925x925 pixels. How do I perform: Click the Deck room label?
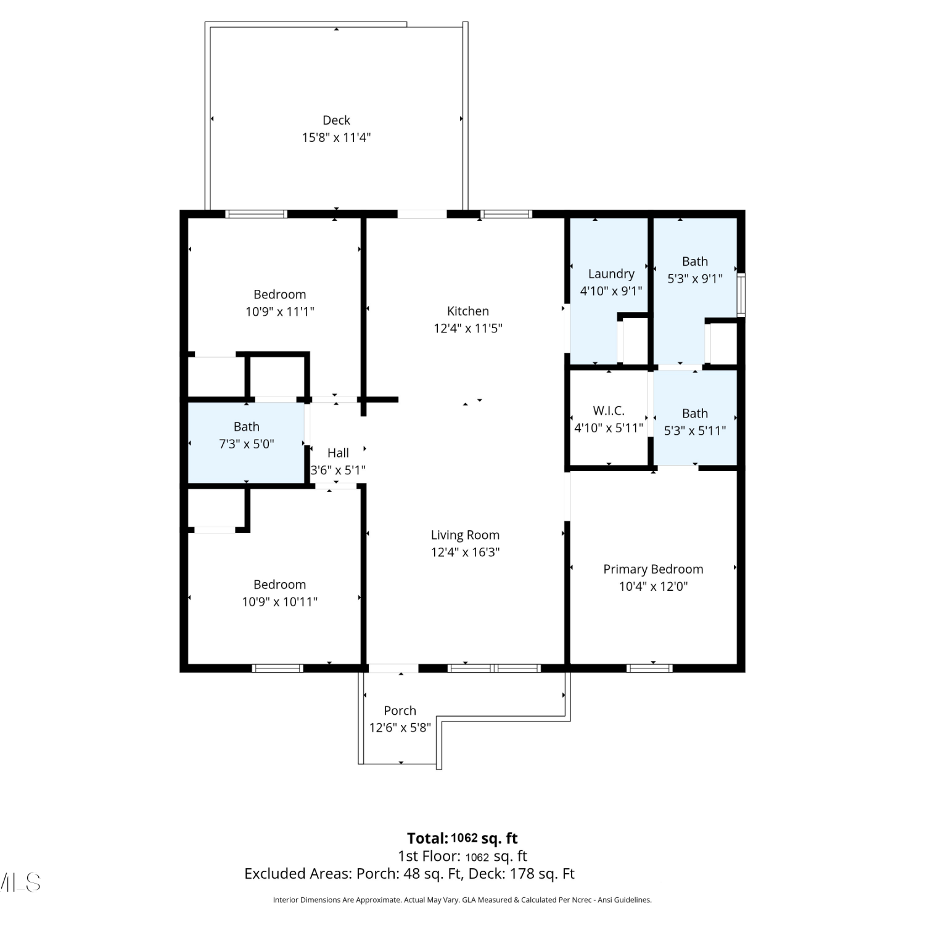[x=336, y=120]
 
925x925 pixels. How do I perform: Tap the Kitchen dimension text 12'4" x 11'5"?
[x=468, y=328]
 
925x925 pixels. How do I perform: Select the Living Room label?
[x=465, y=535]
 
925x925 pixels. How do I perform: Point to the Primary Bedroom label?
[x=653, y=569]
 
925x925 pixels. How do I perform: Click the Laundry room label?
[x=611, y=274]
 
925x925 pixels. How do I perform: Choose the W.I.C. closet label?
[x=609, y=411]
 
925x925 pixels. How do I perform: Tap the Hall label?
[x=338, y=453]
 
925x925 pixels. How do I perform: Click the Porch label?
[x=400, y=711]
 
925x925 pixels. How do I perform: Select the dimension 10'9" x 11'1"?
[x=280, y=311]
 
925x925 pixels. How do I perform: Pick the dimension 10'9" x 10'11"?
[x=279, y=601]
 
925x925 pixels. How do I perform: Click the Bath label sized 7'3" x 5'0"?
[x=246, y=427]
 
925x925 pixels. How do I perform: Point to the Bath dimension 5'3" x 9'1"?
[x=695, y=279]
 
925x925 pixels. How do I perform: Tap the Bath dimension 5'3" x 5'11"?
[x=695, y=430]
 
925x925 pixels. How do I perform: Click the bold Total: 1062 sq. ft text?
[x=462, y=838]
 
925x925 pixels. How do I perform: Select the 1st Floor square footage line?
[x=462, y=856]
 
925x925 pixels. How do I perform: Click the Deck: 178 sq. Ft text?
[x=522, y=874]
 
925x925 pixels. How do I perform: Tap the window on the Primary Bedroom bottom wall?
[x=649, y=668]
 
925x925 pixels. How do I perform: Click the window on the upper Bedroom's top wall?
[x=257, y=214]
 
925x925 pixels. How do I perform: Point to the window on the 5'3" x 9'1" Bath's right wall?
[x=741, y=295]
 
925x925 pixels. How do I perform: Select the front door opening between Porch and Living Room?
[x=393, y=668]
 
